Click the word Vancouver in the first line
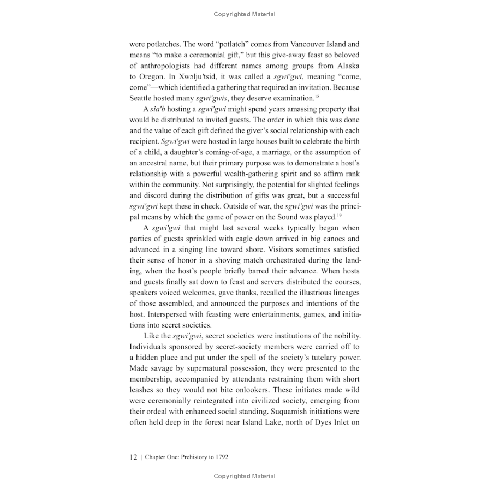[x=294, y=44]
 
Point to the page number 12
[x=134, y=457]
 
